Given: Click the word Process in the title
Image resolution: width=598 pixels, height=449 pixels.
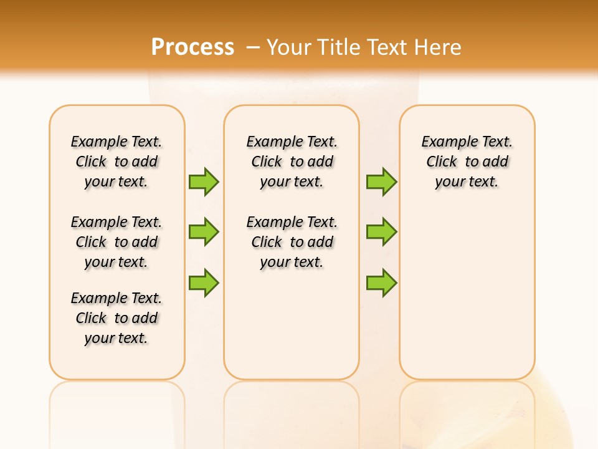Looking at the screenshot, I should [192, 47].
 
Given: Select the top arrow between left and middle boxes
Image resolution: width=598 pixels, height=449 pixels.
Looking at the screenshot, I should [204, 181].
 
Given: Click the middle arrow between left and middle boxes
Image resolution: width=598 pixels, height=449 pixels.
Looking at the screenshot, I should [204, 232].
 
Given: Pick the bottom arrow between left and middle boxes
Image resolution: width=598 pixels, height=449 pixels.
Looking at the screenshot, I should [204, 282].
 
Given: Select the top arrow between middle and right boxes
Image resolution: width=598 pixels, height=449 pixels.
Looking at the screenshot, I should [381, 181].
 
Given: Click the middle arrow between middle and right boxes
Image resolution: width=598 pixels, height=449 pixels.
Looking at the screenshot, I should [381, 232].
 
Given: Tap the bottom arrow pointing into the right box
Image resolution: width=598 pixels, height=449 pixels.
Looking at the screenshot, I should [381, 282].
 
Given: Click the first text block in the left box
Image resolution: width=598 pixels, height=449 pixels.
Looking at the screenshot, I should [116, 162].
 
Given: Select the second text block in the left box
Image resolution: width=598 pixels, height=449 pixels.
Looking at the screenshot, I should [116, 242].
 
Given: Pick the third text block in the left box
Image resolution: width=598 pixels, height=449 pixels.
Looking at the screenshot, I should [116, 318].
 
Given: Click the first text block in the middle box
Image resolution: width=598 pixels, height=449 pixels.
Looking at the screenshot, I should [292, 162].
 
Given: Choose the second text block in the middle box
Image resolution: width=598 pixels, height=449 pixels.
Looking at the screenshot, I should [292, 242].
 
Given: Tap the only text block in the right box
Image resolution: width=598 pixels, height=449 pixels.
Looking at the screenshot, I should [467, 162].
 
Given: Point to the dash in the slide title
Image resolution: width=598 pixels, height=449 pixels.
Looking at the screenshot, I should [253, 48].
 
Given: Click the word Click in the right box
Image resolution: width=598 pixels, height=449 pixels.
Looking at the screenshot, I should [442, 162].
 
